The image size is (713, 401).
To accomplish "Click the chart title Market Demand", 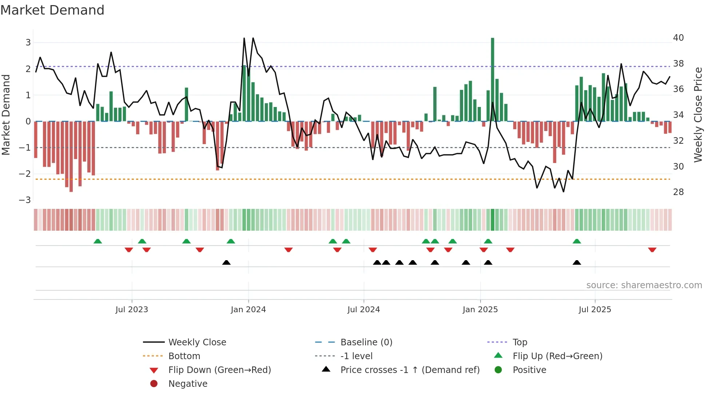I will (x=52, y=10).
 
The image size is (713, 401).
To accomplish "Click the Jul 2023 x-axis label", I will (x=132, y=310).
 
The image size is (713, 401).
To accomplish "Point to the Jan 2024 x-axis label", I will (x=248, y=310).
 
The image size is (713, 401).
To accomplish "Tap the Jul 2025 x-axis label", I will (x=595, y=310).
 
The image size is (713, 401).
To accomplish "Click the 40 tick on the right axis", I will (x=678, y=38).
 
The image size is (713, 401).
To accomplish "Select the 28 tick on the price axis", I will (x=678, y=192).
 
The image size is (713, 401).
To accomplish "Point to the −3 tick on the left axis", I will (x=25, y=200).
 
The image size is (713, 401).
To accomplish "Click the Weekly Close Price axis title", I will (x=698, y=115).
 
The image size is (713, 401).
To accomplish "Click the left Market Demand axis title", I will (x=6, y=115).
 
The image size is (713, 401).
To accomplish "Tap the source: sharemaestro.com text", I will (x=644, y=285).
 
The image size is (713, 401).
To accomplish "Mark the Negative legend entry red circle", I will (x=154, y=384).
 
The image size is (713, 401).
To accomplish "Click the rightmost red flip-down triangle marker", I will (x=652, y=250).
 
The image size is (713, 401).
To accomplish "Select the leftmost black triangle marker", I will (x=226, y=262).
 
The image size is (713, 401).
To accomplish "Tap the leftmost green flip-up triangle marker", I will (x=98, y=241).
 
